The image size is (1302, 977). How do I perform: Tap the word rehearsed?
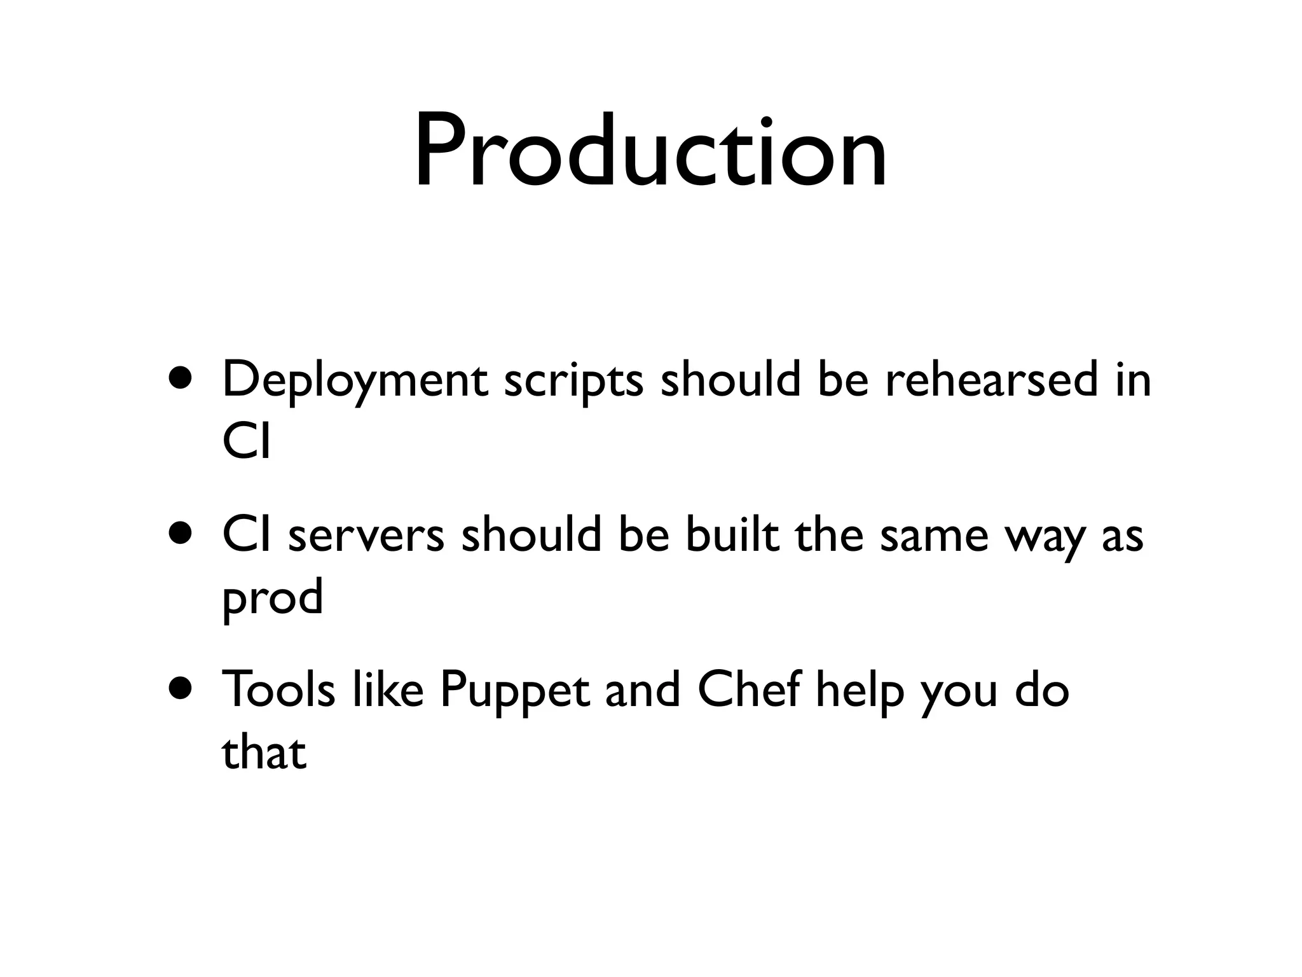991,380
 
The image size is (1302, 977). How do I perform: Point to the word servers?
366,536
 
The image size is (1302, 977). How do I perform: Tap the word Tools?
278,689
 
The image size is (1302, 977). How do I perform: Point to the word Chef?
748,689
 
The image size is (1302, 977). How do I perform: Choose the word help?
860,691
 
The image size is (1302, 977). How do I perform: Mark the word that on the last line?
264,752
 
